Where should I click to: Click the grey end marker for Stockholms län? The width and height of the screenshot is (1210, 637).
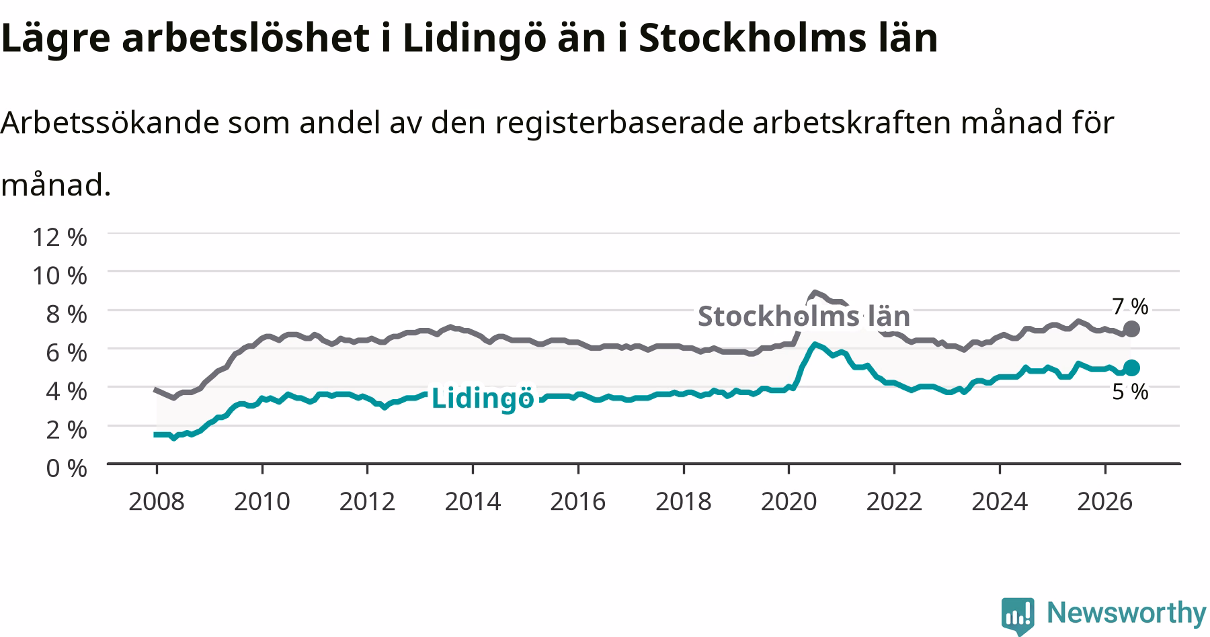click(1131, 329)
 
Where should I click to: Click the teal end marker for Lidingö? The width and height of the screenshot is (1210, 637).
click(1131, 367)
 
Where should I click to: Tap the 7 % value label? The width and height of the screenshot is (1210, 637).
click(1130, 306)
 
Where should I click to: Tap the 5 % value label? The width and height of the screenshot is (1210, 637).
click(1130, 391)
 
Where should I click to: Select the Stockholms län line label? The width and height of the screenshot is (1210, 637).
click(804, 315)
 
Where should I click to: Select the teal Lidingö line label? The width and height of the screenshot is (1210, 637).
click(483, 398)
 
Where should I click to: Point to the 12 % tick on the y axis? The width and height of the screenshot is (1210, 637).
click(60, 237)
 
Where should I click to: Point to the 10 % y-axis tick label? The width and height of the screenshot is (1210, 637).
click(60, 275)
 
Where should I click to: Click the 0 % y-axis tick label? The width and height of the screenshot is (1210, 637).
click(67, 468)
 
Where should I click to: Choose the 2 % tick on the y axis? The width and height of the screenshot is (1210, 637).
click(67, 429)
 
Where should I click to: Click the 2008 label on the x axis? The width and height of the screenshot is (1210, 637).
click(156, 501)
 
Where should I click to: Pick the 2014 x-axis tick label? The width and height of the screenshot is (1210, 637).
click(473, 501)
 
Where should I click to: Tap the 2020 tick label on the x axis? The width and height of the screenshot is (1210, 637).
click(789, 501)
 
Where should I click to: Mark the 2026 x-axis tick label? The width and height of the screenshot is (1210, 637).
click(1105, 501)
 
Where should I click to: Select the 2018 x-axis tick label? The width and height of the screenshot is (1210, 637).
click(683, 501)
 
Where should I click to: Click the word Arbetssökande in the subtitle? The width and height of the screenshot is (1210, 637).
click(110, 122)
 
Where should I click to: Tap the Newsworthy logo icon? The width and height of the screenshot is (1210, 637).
click(1018, 615)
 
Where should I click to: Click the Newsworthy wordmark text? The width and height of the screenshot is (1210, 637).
click(1126, 613)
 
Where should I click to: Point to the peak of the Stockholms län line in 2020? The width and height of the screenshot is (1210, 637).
click(815, 292)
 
